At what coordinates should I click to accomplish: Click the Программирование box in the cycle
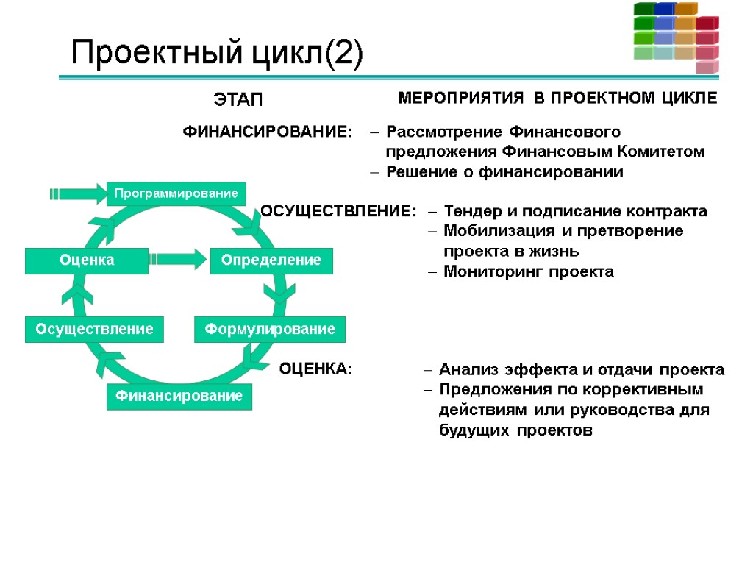click(x=174, y=193)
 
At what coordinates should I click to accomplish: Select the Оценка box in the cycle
click(x=87, y=260)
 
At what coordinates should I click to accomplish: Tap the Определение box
click(x=271, y=260)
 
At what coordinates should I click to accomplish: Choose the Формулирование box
click(x=269, y=329)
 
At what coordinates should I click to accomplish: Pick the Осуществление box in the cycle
click(x=94, y=329)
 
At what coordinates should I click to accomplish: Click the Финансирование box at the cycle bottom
click(x=179, y=396)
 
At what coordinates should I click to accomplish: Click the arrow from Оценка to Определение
click(x=179, y=259)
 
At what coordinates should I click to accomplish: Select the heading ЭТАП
click(x=238, y=99)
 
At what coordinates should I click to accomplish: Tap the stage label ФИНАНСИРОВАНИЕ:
click(x=267, y=132)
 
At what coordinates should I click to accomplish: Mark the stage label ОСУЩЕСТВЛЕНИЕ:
click(x=338, y=212)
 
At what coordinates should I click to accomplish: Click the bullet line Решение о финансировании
click(x=504, y=173)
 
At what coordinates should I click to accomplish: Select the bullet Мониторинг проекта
click(x=528, y=272)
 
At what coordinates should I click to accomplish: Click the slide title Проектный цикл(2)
click(x=216, y=54)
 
